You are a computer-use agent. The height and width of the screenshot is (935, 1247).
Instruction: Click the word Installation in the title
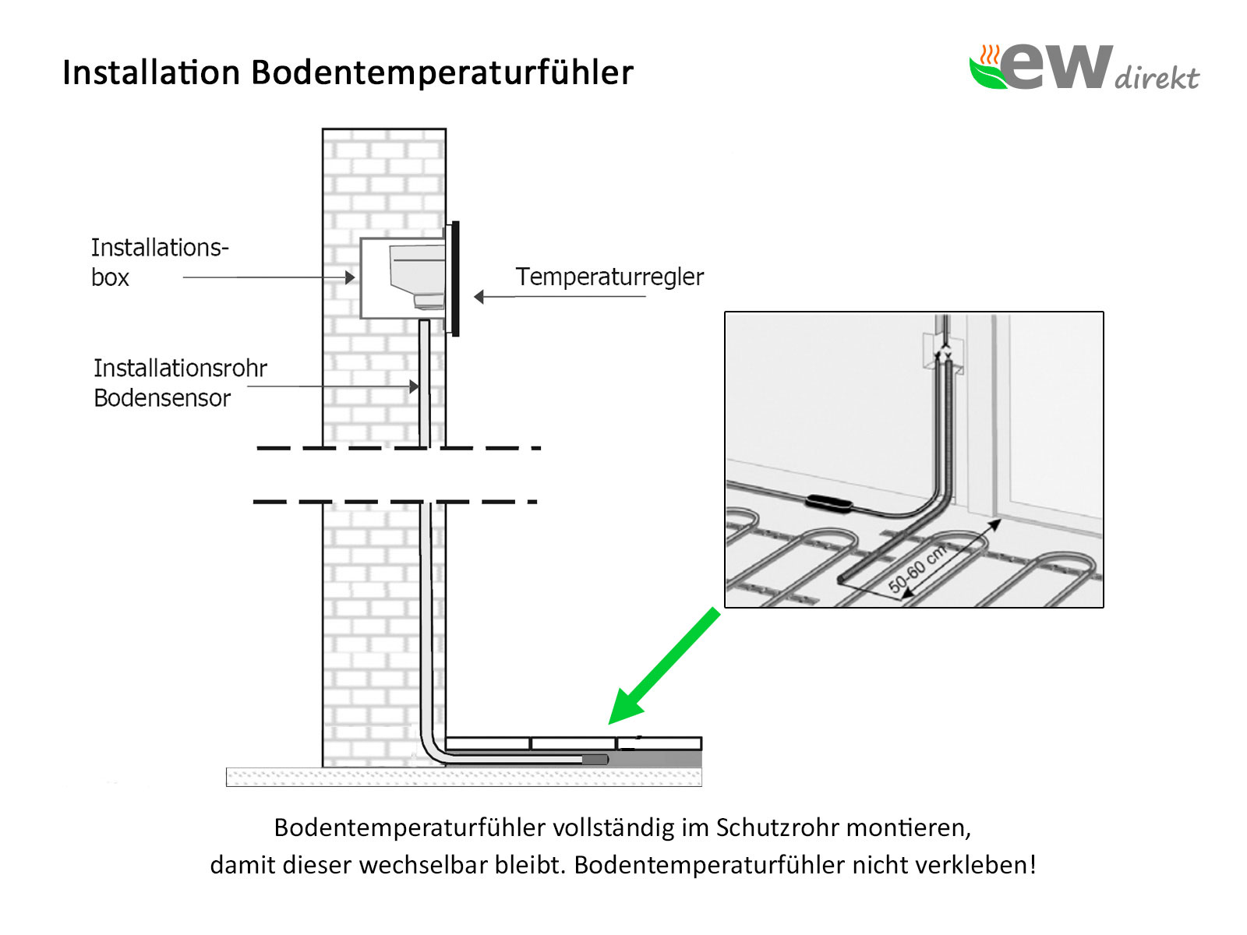click(x=151, y=72)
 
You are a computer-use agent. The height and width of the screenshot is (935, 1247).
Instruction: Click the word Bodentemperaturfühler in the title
click(x=442, y=72)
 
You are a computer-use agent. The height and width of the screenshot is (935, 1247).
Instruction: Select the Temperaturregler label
click(x=609, y=277)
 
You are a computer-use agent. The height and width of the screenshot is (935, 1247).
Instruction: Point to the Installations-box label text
click(x=160, y=263)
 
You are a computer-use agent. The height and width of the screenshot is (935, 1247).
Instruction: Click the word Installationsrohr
click(x=180, y=368)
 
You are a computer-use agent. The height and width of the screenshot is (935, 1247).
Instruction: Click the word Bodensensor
click(x=162, y=398)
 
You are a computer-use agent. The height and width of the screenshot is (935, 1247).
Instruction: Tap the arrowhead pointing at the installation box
click(x=350, y=277)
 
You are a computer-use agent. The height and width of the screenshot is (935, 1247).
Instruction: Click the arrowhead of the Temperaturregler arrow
click(x=479, y=296)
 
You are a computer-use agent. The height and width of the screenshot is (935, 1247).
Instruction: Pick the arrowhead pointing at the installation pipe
click(x=414, y=386)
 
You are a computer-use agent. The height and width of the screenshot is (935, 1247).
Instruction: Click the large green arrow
click(x=663, y=666)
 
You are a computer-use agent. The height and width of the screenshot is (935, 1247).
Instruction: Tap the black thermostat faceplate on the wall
click(x=455, y=278)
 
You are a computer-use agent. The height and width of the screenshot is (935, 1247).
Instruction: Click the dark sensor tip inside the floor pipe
click(x=595, y=760)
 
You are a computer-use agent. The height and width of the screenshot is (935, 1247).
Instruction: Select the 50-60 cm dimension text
click(x=917, y=569)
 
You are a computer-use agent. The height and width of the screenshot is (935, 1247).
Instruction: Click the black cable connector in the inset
click(x=828, y=502)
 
